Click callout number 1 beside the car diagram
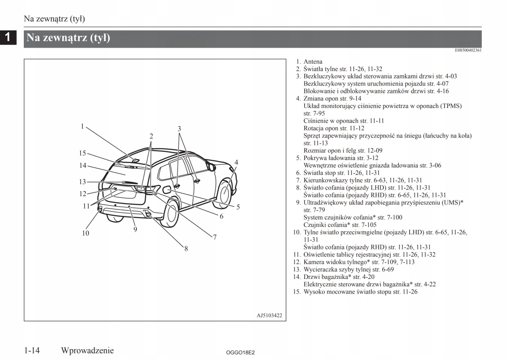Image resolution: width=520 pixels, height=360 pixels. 81,127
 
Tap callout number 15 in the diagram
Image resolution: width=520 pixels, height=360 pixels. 82,153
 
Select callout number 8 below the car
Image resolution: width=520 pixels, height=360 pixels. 186,249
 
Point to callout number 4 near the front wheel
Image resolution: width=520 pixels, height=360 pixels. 236,162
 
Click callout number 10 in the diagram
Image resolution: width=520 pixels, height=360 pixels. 85,233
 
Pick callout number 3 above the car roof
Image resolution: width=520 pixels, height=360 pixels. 179,128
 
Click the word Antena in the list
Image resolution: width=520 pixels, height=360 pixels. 313,62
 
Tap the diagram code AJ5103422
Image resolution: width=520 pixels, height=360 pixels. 269,315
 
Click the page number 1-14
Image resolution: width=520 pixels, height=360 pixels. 32,350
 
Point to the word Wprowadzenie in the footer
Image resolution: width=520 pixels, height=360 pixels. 88,350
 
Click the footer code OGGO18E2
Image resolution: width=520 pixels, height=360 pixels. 240,353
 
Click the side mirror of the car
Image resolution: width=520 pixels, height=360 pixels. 211,166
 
